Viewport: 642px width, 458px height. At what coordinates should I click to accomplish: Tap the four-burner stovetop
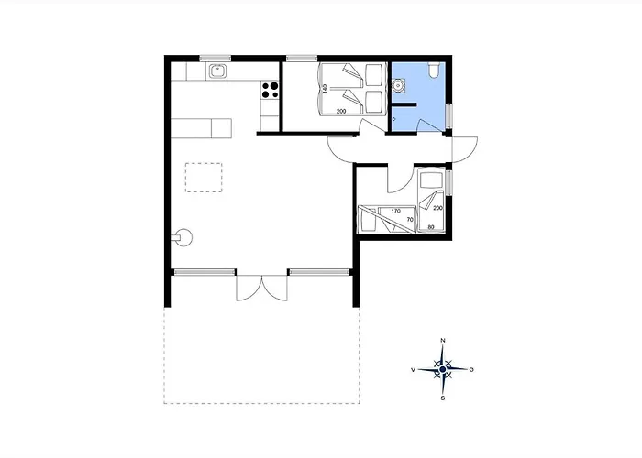click(x=270, y=90)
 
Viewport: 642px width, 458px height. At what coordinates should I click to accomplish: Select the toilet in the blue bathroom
click(x=434, y=70)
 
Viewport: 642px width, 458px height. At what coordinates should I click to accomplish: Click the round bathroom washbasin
click(x=397, y=85)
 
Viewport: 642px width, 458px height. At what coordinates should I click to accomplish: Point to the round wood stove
click(x=183, y=237)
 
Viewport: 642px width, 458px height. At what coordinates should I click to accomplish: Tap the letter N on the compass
click(x=443, y=340)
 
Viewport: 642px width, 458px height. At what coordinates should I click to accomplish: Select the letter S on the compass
click(x=443, y=398)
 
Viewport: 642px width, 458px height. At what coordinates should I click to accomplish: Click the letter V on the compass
click(x=413, y=370)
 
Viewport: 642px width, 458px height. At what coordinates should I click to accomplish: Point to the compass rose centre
click(x=443, y=370)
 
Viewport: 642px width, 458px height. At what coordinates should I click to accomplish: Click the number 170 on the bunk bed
click(x=395, y=211)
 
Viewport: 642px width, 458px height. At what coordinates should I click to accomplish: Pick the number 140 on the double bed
click(x=325, y=89)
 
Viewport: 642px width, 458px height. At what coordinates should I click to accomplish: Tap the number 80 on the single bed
click(x=431, y=227)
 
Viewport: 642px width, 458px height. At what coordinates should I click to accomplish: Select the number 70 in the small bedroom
click(x=410, y=220)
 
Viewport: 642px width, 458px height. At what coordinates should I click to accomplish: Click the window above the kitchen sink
click(x=216, y=58)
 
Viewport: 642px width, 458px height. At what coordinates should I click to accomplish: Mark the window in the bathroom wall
click(x=449, y=116)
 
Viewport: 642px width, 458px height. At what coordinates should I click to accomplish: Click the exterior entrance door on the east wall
click(x=464, y=149)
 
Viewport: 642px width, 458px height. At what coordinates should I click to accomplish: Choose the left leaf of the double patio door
click(x=249, y=288)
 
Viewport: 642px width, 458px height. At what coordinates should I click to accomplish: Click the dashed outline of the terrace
click(x=261, y=403)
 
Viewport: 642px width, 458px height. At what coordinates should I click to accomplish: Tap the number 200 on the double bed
click(x=341, y=111)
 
